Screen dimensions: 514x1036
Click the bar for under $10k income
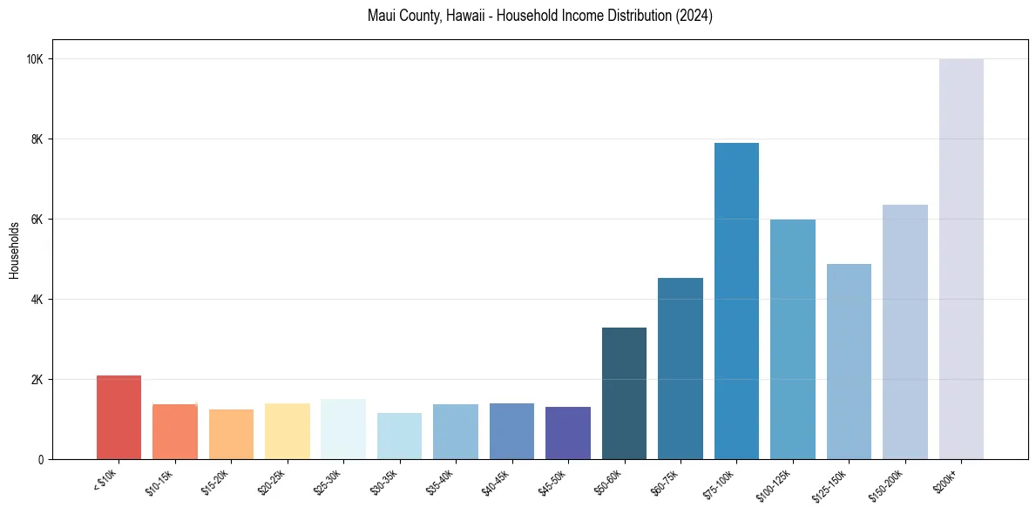pyautogui.click(x=118, y=417)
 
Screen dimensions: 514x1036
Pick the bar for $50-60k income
pyautogui.click(x=624, y=393)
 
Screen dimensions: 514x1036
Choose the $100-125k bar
pyautogui.click(x=793, y=339)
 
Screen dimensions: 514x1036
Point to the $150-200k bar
pyautogui.click(x=905, y=332)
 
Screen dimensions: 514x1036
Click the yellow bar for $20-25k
pyautogui.click(x=288, y=431)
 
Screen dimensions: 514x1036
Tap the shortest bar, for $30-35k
pyautogui.click(x=399, y=436)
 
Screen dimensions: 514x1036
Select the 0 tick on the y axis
pyautogui.click(x=42, y=460)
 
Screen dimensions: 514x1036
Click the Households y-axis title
pyautogui.click(x=14, y=250)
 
